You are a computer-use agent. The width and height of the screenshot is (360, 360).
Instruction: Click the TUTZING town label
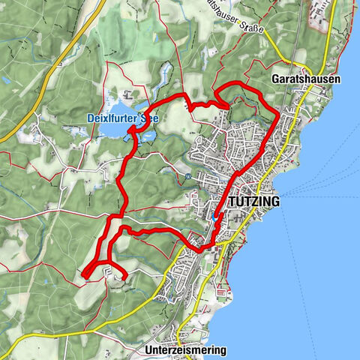[252, 202]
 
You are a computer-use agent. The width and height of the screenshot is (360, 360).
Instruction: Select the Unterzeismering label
[183, 349]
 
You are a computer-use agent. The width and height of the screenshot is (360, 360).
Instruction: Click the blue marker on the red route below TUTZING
[217, 216]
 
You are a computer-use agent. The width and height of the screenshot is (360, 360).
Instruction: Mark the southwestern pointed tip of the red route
[85, 277]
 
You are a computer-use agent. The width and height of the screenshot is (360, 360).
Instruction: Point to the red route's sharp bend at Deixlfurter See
[130, 129]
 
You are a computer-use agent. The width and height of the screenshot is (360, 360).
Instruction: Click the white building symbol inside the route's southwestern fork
[111, 274]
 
